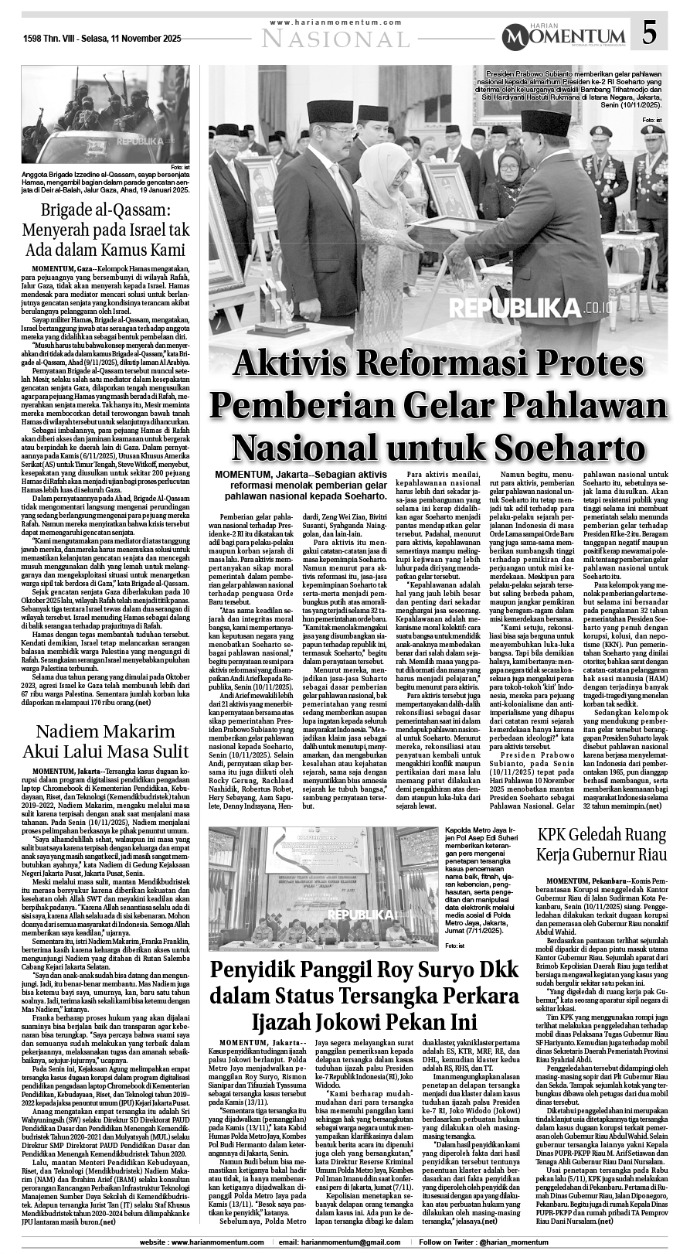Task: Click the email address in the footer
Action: tap(342, 1242)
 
